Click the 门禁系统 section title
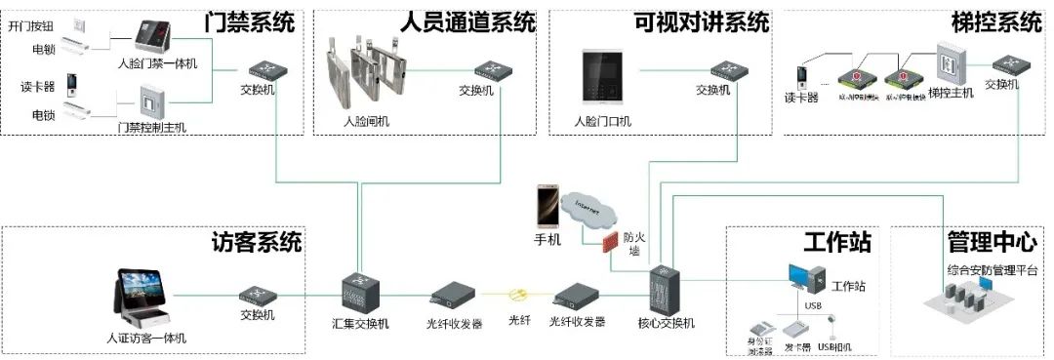pos(249,20)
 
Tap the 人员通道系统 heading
pos(468,20)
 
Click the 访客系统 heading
pos(257,241)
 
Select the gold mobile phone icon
pos(547,208)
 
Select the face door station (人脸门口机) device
pos(601,76)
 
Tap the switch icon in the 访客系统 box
pos(257,292)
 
